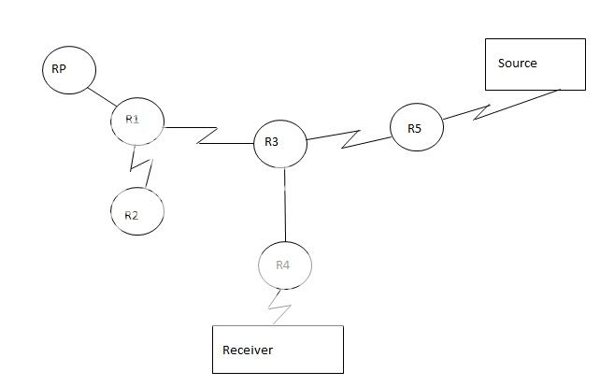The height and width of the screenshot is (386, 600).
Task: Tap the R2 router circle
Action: pos(137,212)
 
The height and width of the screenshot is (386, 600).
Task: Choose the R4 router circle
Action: pos(284,265)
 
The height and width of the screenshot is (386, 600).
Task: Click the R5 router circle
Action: pos(417,128)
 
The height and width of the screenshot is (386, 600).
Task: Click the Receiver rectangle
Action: pos(278,349)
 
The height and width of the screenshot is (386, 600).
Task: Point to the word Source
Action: pos(518,64)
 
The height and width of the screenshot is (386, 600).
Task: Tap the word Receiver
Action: pos(248,350)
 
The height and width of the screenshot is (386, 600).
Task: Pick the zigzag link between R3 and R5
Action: pos(350,137)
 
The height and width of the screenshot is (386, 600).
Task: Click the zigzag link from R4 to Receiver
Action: pos(279,306)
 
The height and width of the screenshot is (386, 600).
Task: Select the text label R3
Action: pos(272,142)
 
